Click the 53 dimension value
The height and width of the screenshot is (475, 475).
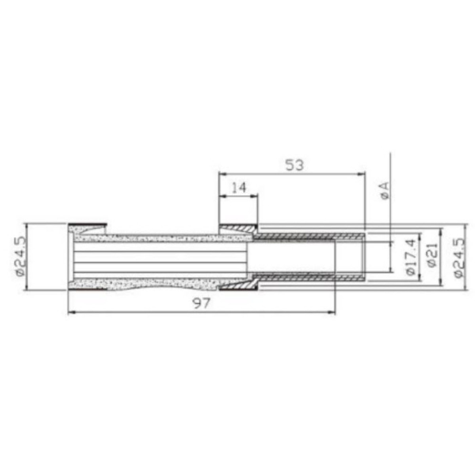294,165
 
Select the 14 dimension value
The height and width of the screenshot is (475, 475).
238,187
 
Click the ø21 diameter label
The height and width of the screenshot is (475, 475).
432,256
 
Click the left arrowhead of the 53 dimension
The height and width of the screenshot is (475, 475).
222,173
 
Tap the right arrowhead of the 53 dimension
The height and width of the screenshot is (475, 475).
362,173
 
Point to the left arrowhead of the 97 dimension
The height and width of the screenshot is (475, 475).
71,313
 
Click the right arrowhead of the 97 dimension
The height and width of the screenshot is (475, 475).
332,313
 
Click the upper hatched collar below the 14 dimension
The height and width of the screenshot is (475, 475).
237,228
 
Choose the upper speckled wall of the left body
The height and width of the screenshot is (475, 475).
158,238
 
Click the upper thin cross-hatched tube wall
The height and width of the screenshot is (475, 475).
309,237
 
